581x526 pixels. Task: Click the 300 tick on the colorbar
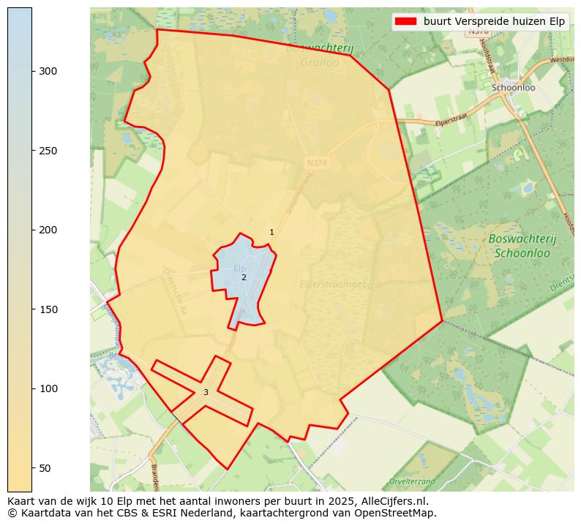point(32,71)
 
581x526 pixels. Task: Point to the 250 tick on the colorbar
point(32,151)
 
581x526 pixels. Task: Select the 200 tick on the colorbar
point(32,230)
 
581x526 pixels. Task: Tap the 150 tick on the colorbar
point(32,309)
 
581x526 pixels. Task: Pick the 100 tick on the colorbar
point(32,388)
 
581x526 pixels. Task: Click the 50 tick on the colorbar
point(32,468)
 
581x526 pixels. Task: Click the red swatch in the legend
point(405,21)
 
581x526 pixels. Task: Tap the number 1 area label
point(271,233)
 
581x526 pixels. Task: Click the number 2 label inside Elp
point(244,277)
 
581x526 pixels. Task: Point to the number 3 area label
point(206,393)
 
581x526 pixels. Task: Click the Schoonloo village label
point(513,88)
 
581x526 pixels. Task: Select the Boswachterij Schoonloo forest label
point(522,246)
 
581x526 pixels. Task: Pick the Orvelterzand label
point(412,481)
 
